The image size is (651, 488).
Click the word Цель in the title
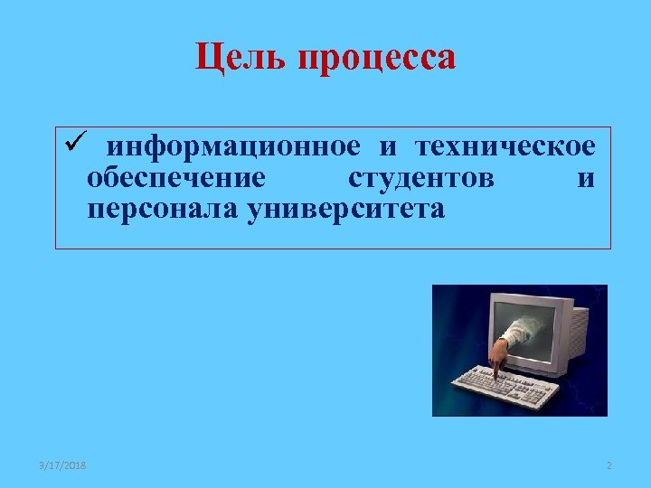coord(237,59)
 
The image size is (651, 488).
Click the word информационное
coord(234,146)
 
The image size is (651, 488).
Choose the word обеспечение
coord(176,178)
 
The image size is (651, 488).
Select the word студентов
coord(420,178)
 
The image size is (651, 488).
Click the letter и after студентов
coord(586,178)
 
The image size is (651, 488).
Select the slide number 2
coord(609,465)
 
